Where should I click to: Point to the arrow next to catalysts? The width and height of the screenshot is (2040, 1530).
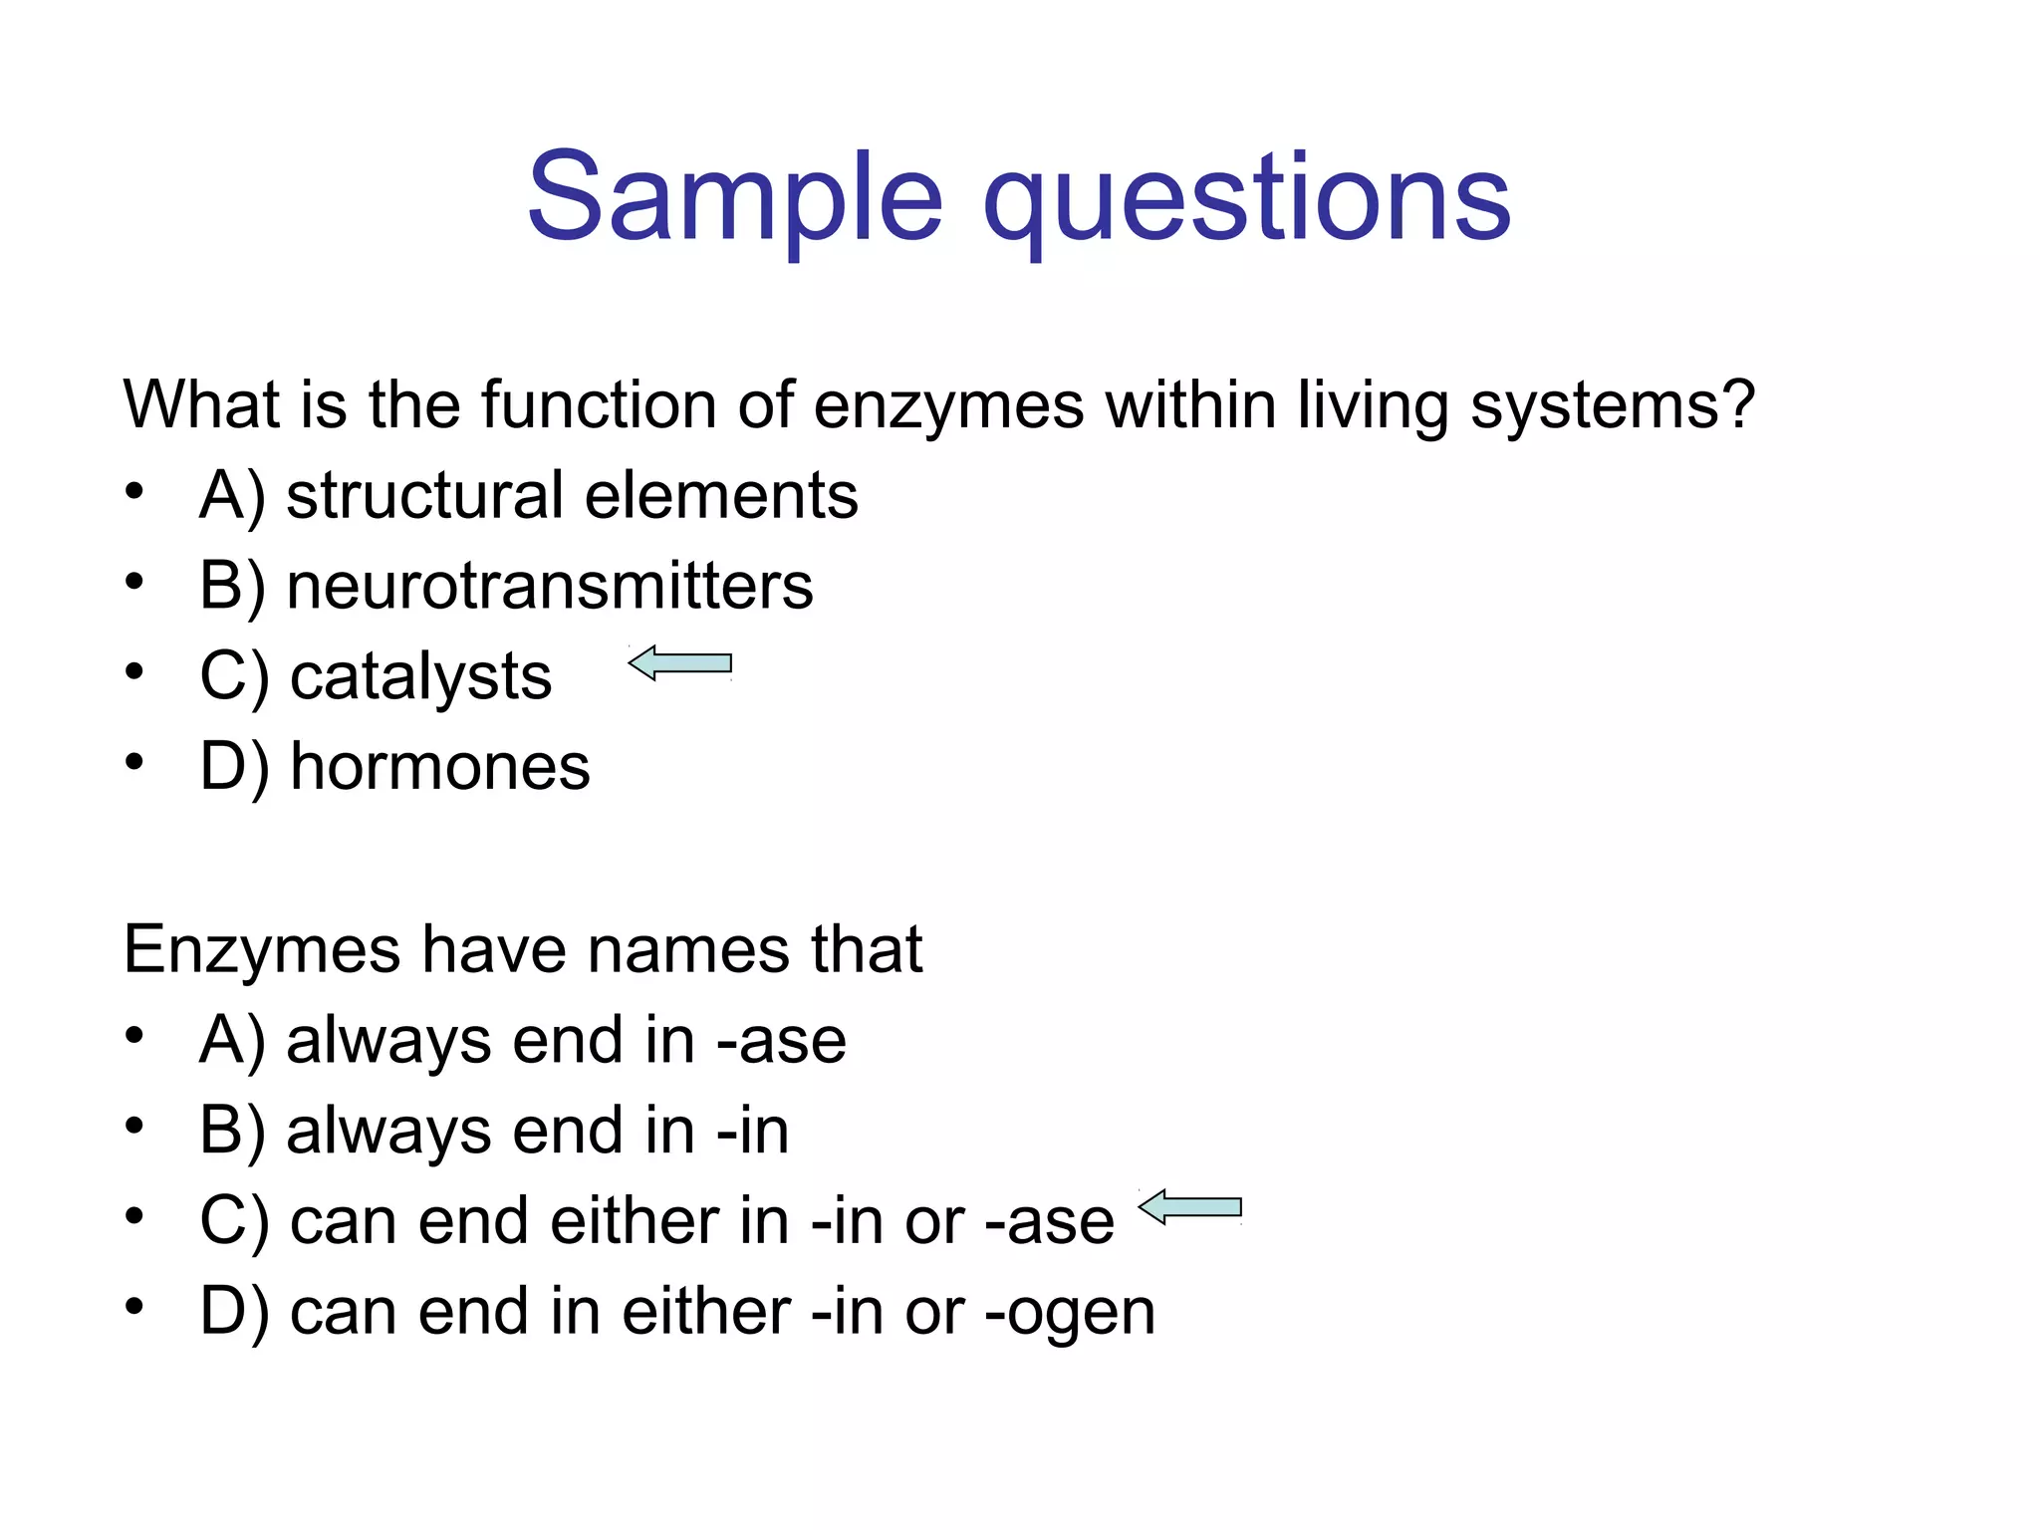point(680,663)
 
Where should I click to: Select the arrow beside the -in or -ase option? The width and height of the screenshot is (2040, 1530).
point(1190,1207)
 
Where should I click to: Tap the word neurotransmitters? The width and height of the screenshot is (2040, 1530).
point(550,586)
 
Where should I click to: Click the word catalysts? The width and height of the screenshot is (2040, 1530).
point(420,677)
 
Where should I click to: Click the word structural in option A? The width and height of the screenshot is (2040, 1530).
point(422,495)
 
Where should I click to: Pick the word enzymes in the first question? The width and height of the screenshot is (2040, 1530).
point(947,406)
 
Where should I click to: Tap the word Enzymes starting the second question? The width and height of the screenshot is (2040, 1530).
point(261,948)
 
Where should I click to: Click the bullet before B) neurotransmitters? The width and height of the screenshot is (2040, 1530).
point(134,581)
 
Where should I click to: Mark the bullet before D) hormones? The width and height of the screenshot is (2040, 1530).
point(134,762)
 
